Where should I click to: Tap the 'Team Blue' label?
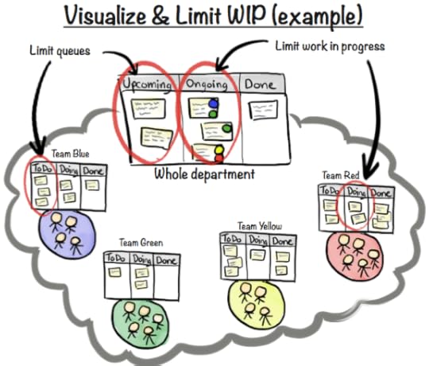click(x=71, y=153)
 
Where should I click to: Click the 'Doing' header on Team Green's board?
click(x=144, y=260)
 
